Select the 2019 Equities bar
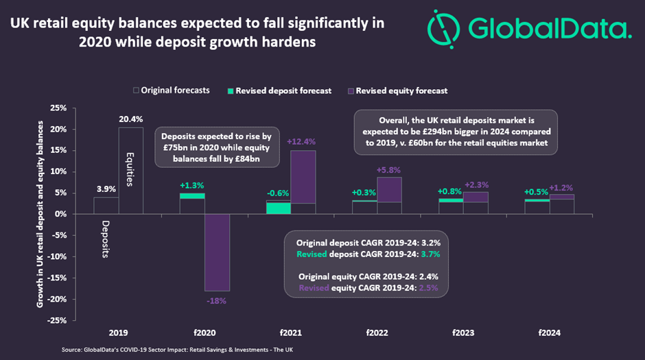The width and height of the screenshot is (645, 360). point(131,171)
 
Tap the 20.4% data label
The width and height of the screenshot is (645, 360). point(131,119)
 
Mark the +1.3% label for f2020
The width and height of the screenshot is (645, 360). point(192,185)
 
